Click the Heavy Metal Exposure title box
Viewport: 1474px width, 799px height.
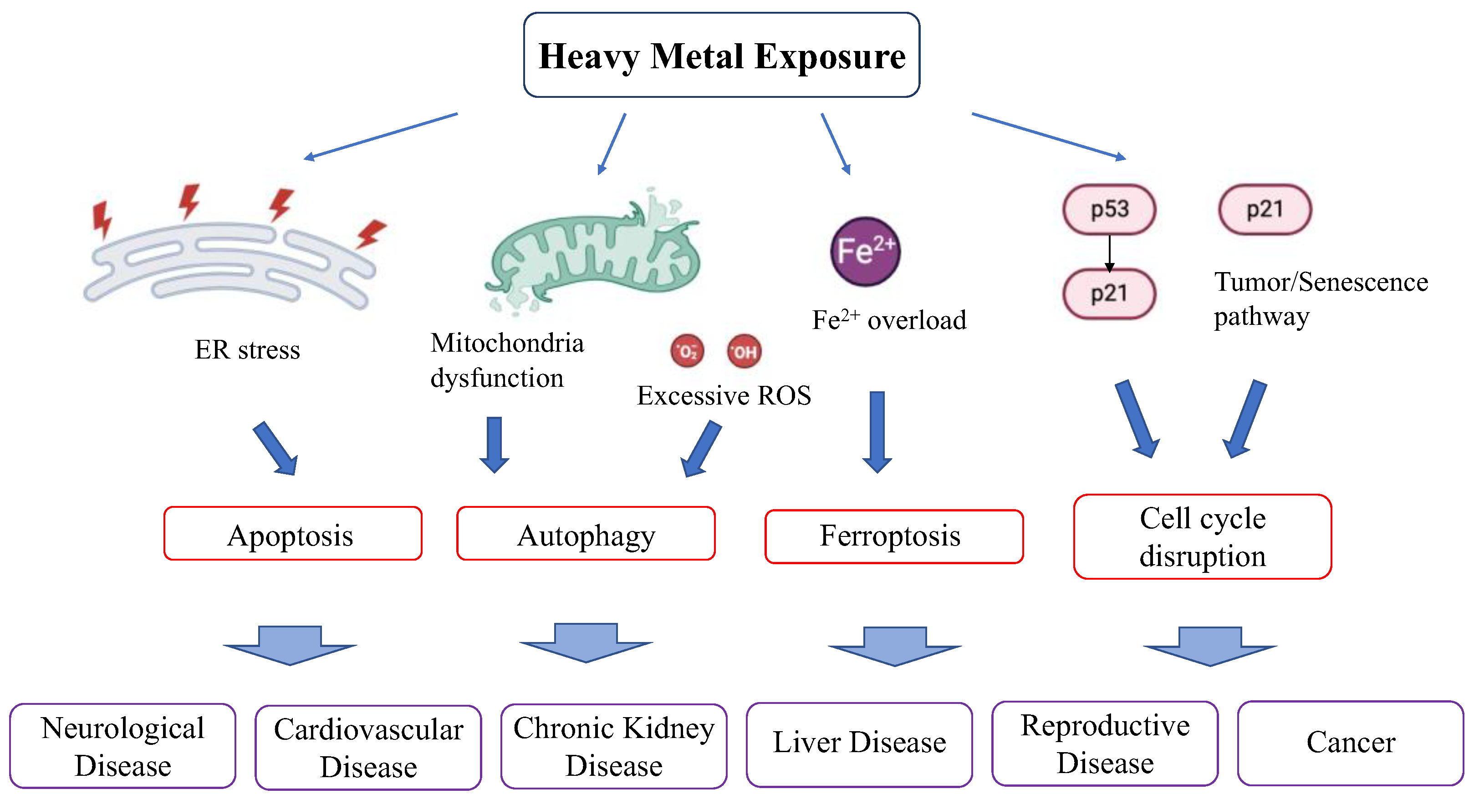click(x=722, y=55)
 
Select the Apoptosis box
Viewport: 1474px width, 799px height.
click(x=292, y=533)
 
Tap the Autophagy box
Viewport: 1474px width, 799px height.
click(x=586, y=533)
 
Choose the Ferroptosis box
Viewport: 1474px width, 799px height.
click(x=894, y=536)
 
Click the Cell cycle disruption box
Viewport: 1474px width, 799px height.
click(x=1202, y=536)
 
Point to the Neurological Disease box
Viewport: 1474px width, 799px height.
click(x=122, y=746)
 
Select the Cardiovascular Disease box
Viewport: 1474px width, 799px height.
click(x=368, y=748)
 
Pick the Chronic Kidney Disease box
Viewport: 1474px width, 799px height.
click(x=614, y=746)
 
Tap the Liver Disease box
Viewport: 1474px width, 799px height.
click(x=859, y=745)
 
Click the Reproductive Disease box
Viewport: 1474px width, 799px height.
click(x=1105, y=743)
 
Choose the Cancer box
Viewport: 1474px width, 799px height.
click(x=1351, y=743)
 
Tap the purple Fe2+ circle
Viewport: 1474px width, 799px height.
click(x=865, y=251)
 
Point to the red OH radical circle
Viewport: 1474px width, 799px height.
click(x=745, y=351)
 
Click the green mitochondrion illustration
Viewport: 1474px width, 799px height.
click(x=593, y=252)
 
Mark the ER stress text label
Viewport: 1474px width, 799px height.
click(x=247, y=349)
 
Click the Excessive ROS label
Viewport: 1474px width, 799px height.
click(x=724, y=395)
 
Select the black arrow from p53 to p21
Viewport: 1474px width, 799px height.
click(x=1110, y=253)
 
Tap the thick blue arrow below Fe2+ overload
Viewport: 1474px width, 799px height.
click(x=877, y=432)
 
